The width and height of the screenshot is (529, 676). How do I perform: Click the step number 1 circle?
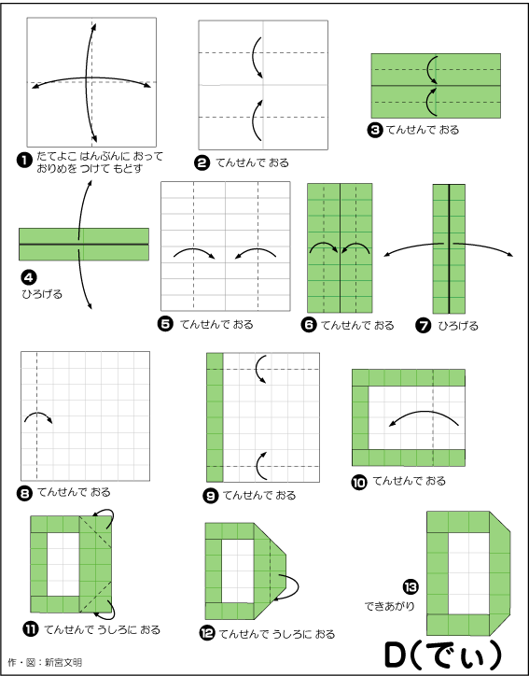pos(24,161)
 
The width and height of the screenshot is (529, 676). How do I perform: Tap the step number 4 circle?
pos(28,277)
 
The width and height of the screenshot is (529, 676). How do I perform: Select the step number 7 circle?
pos(423,326)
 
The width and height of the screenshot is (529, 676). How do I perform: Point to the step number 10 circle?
pos(359,482)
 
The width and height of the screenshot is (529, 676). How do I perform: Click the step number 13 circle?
pos(411,586)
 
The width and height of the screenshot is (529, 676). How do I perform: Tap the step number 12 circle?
pos(207,633)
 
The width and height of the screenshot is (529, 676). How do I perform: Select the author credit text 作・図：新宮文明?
pos(45,662)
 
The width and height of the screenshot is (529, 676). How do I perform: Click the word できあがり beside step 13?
pos(389,606)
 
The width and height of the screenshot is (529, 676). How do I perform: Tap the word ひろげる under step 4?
pos(42,294)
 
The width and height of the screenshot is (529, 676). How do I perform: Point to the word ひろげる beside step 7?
pos(458,326)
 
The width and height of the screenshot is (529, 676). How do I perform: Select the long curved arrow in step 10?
pos(424,413)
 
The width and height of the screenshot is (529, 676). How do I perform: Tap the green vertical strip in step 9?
pos(215,417)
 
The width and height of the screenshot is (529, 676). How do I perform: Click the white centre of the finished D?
pos(468,573)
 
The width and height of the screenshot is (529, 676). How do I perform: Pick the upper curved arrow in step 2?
pos(253,56)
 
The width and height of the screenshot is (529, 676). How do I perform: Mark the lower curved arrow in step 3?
pos(427,102)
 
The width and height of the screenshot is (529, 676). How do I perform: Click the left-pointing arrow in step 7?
pos(412,247)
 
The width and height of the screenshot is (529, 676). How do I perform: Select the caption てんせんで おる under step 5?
pos(216,324)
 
